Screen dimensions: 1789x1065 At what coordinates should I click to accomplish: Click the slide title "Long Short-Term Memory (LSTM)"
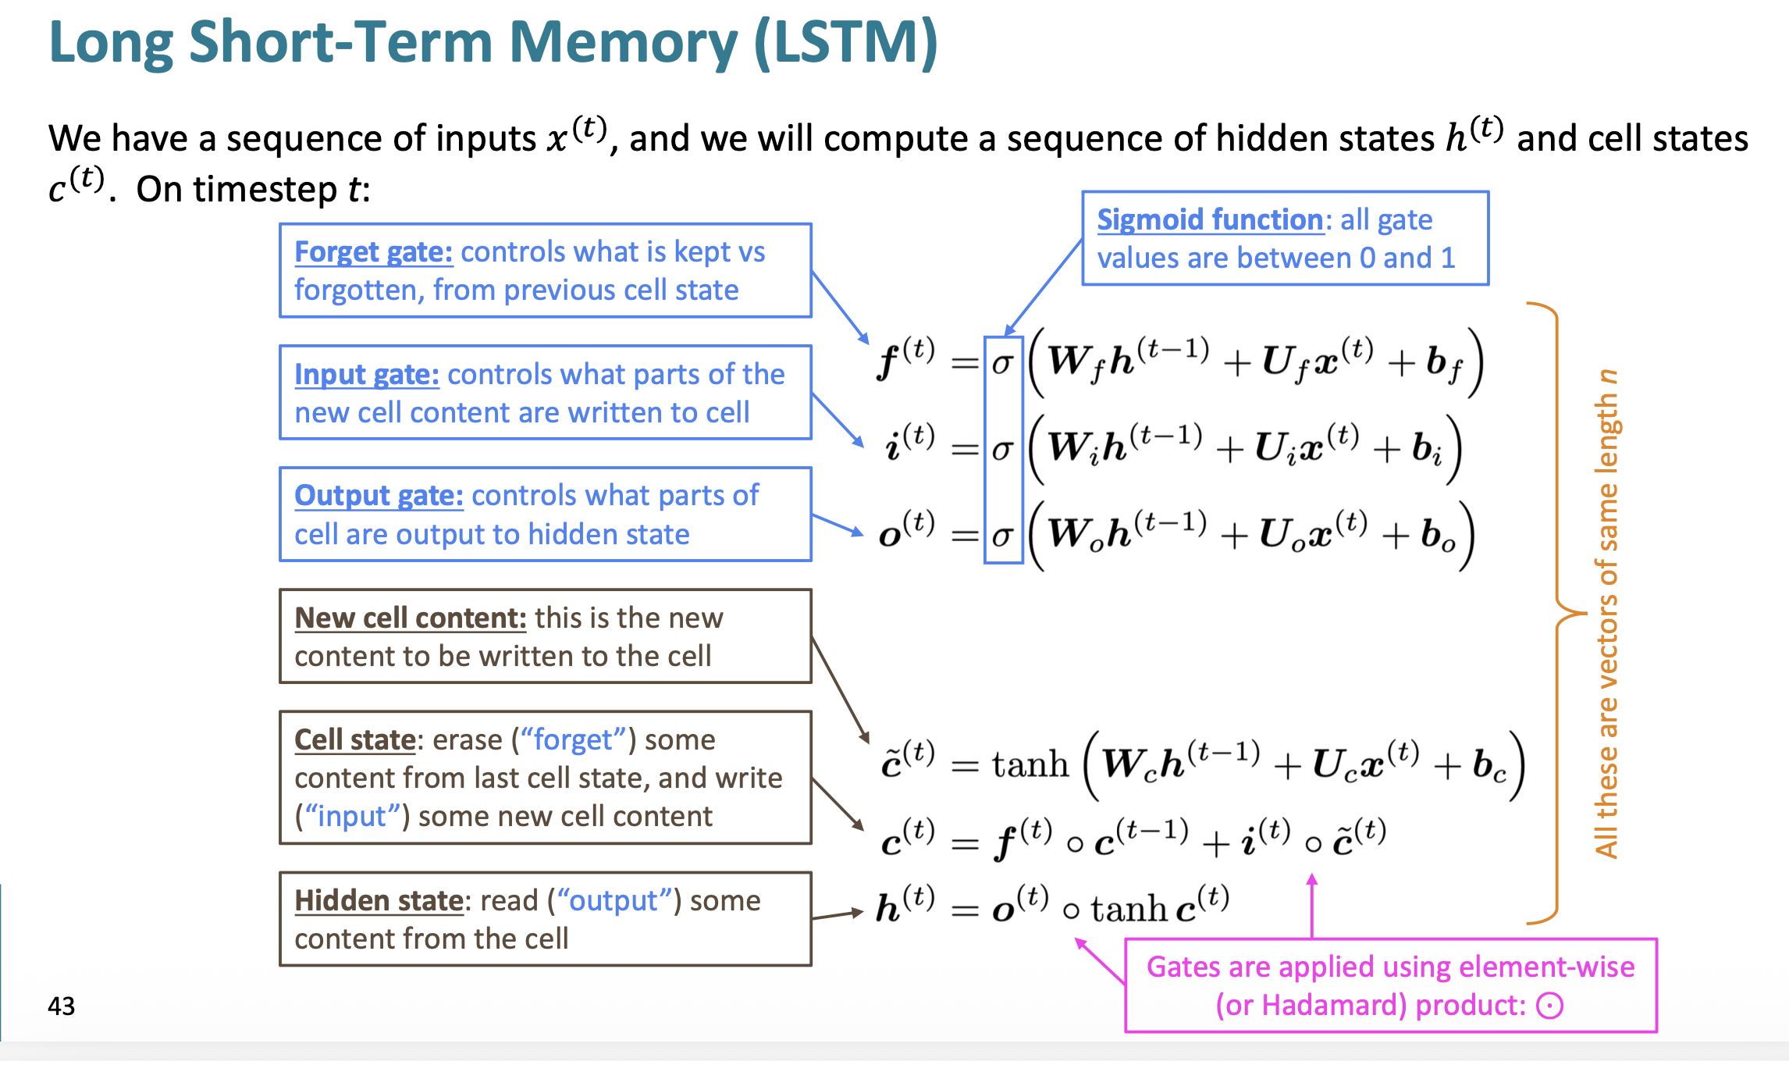pyautogui.click(x=493, y=42)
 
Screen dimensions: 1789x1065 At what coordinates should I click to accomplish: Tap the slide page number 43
pyautogui.click(x=62, y=1006)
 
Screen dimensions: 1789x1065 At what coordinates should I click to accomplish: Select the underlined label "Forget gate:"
pyautogui.click(x=373, y=252)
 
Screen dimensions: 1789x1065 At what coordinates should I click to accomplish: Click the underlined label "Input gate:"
pyautogui.click(x=367, y=375)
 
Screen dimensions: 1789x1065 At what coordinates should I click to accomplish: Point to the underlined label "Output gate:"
pyautogui.click(x=379, y=496)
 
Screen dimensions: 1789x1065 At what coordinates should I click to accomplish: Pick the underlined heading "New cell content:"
pyautogui.click(x=411, y=618)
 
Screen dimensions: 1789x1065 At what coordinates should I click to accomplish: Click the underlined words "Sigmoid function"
pyautogui.click(x=1210, y=220)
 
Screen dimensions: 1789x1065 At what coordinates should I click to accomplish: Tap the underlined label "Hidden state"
pyautogui.click(x=379, y=900)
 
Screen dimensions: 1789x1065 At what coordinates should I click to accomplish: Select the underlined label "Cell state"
pyautogui.click(x=355, y=739)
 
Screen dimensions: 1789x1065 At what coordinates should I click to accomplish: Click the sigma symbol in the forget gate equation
pyautogui.click(x=1003, y=364)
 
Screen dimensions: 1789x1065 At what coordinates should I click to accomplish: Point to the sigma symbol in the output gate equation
pyautogui.click(x=1003, y=536)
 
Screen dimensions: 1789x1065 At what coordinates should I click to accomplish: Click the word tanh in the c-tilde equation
pyautogui.click(x=1030, y=764)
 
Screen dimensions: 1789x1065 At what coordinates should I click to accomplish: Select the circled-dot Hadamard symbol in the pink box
pyautogui.click(x=1549, y=1006)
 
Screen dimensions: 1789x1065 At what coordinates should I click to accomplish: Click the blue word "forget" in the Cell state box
pyautogui.click(x=573, y=739)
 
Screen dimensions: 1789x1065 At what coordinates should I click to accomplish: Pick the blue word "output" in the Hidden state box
pyautogui.click(x=614, y=900)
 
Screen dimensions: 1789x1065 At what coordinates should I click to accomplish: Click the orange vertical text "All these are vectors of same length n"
pyautogui.click(x=1606, y=614)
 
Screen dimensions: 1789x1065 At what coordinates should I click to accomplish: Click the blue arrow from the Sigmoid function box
pyautogui.click(x=1043, y=287)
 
